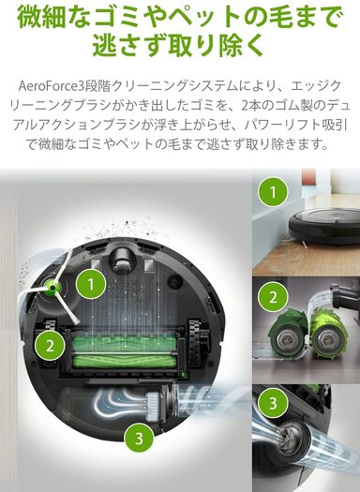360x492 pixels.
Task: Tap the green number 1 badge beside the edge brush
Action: pyautogui.click(x=90, y=281)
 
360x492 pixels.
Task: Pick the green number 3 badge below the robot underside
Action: pyautogui.click(x=137, y=436)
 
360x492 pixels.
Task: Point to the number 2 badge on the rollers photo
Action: pyautogui.click(x=272, y=298)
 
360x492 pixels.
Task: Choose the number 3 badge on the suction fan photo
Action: pyautogui.click(x=272, y=404)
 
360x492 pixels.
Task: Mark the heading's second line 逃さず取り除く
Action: pyautogui.click(x=179, y=44)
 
